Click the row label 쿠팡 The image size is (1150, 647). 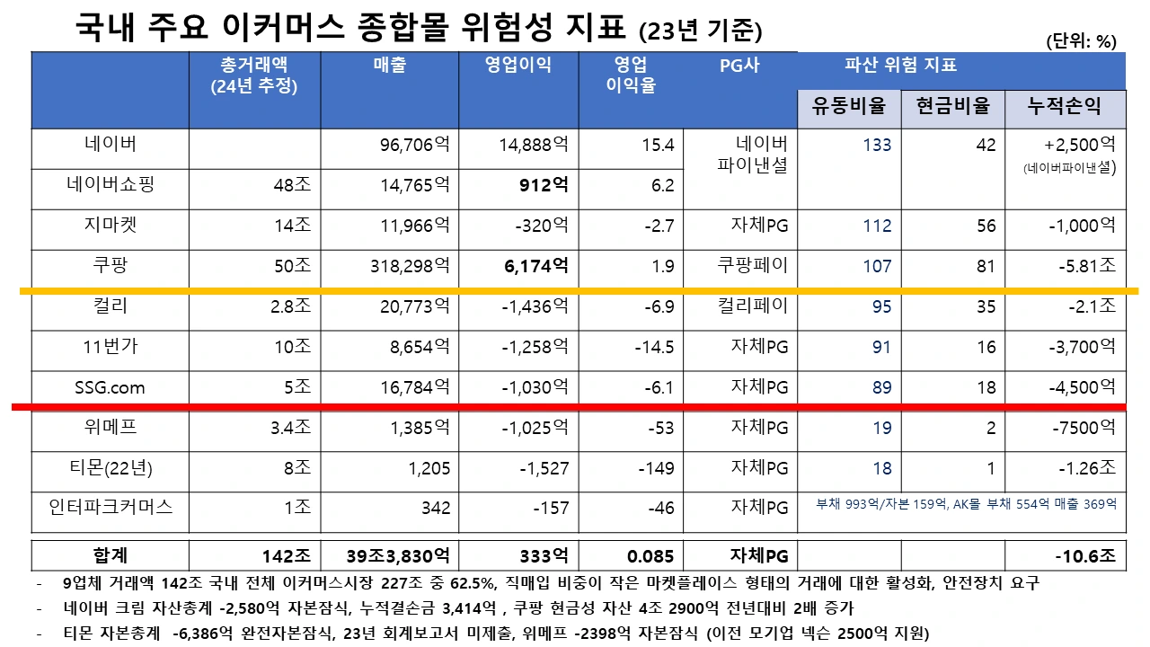tap(110, 266)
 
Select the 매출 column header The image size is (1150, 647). tap(389, 66)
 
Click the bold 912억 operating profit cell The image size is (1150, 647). tap(545, 185)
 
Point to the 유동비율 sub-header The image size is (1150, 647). tap(848, 106)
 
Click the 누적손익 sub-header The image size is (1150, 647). tap(1065, 106)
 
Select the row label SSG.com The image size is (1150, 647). tap(110, 387)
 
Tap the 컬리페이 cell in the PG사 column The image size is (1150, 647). tap(752, 306)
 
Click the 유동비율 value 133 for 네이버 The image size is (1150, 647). tap(877, 146)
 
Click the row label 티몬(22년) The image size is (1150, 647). tap(110, 467)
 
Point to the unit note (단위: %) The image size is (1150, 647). tap(1081, 41)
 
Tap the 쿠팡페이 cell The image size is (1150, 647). tap(752, 266)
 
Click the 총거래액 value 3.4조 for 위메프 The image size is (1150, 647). tap(290, 428)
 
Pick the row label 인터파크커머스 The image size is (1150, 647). tap(110, 508)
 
